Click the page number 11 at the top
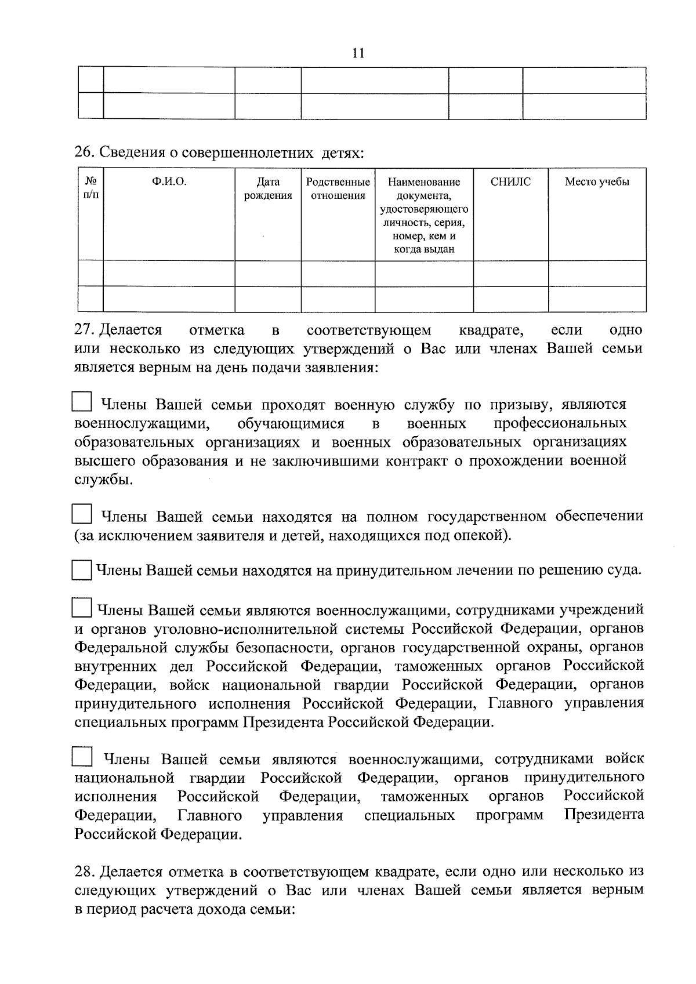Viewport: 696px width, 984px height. point(358,53)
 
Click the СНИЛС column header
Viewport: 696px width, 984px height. point(510,182)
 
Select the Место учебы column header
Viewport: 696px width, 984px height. point(597,182)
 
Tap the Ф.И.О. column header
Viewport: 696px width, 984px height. point(169,182)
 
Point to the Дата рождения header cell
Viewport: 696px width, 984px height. point(267,188)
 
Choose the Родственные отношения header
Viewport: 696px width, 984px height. point(338,188)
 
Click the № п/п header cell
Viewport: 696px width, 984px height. point(90,188)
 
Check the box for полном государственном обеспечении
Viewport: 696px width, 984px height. point(82,514)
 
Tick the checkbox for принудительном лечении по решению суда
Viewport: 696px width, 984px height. point(82,570)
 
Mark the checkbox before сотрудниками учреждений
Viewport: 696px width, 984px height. point(82,608)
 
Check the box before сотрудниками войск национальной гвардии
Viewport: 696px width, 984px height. point(82,756)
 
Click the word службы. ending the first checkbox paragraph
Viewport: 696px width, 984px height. point(103,480)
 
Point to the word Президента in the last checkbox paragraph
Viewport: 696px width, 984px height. point(604,815)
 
